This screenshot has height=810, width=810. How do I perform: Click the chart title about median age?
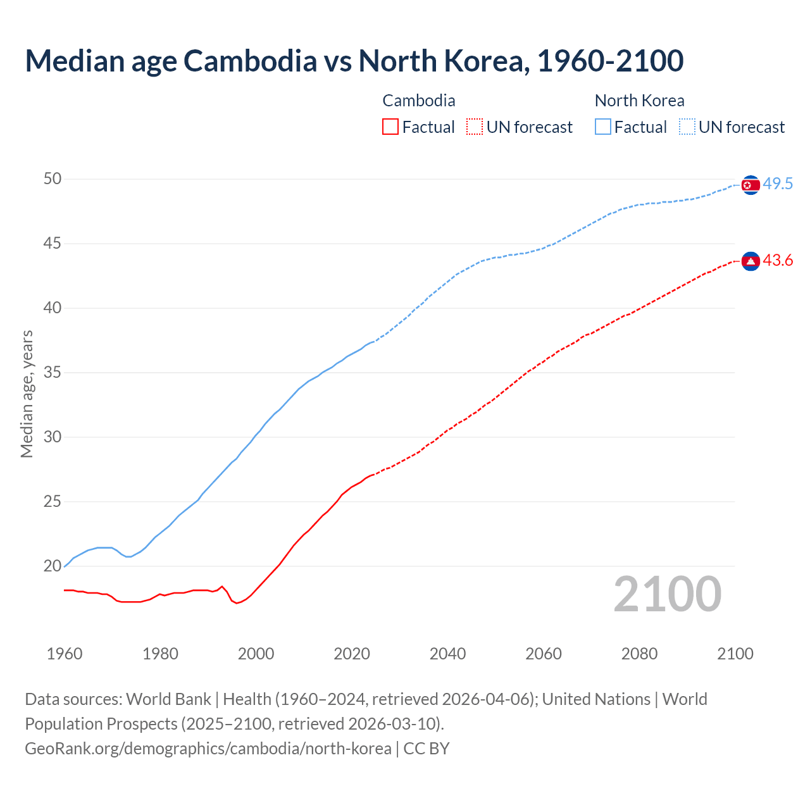coord(354,61)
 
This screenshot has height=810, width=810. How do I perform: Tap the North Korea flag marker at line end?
coord(751,185)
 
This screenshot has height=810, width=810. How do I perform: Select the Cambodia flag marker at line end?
coord(751,261)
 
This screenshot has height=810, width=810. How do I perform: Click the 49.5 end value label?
coord(778,184)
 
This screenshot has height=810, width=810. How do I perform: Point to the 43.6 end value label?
coord(778,261)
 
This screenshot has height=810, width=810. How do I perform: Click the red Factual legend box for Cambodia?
coord(390,127)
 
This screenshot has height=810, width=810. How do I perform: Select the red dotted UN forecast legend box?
coord(475,127)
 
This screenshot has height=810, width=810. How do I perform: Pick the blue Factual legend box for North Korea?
coord(603,127)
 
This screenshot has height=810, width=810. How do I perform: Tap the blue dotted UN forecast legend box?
coord(687,127)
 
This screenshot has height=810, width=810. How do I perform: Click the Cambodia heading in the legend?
coord(419,101)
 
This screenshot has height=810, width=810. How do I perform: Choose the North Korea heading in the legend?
coord(639,101)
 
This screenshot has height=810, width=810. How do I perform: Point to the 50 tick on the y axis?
coord(53,179)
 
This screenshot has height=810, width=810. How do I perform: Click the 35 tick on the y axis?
coord(53,373)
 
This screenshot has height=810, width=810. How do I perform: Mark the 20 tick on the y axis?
coord(53,566)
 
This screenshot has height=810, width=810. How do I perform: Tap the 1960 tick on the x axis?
coord(65,654)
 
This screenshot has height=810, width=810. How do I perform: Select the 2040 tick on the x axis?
coord(447,654)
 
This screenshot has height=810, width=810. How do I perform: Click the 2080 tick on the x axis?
coord(639,654)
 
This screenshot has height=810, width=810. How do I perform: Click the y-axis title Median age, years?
coord(27,394)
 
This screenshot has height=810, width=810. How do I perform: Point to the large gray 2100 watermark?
coord(667,594)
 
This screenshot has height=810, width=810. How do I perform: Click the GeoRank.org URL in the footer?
coord(208,749)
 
